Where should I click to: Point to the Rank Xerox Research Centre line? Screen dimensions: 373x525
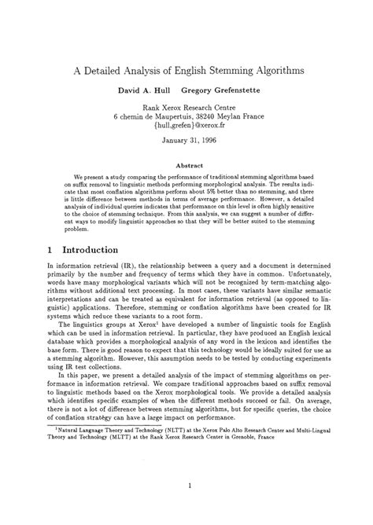[186, 108]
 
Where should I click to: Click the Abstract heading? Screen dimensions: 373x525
[186, 167]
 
